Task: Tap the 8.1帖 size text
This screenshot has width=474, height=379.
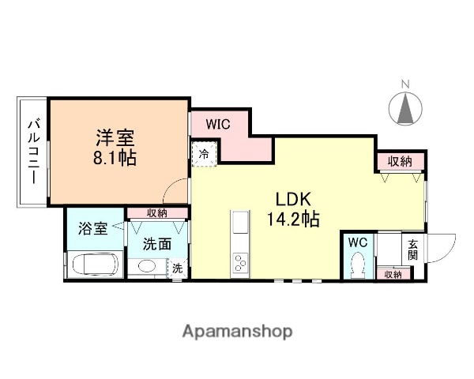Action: click(115, 157)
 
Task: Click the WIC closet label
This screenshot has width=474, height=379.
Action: click(219, 125)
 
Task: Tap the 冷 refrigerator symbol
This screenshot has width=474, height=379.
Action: click(204, 154)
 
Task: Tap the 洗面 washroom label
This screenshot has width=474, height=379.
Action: click(157, 244)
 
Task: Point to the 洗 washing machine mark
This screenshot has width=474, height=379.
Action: click(178, 268)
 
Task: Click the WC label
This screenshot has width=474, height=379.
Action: click(356, 242)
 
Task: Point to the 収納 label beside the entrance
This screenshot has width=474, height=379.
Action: click(392, 274)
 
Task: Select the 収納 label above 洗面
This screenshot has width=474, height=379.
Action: click(157, 212)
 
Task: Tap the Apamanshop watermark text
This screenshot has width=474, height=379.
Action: click(237, 330)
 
